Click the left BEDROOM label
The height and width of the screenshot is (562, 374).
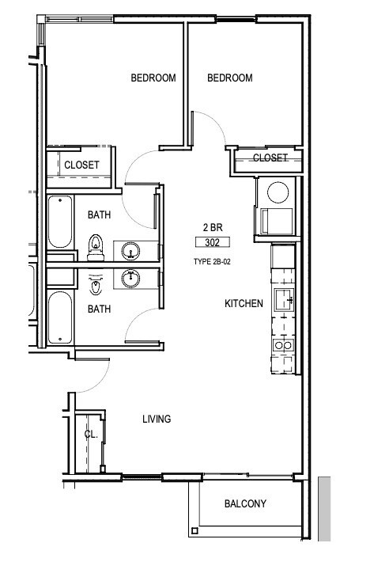153,78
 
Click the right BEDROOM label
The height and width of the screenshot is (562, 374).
229,78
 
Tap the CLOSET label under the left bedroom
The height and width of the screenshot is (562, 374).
81,165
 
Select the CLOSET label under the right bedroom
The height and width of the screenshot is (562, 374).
270,158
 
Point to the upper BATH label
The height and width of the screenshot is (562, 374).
99,215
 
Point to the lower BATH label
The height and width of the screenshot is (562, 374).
99,309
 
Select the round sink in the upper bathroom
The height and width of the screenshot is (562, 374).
131,251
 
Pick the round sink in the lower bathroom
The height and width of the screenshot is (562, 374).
131,278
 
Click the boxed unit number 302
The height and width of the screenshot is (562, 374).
210,243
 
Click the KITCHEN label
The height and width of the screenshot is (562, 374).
244,303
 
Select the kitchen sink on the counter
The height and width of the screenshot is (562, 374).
283,299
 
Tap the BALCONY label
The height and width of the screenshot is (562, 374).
245,503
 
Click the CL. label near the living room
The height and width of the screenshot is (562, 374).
92,434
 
